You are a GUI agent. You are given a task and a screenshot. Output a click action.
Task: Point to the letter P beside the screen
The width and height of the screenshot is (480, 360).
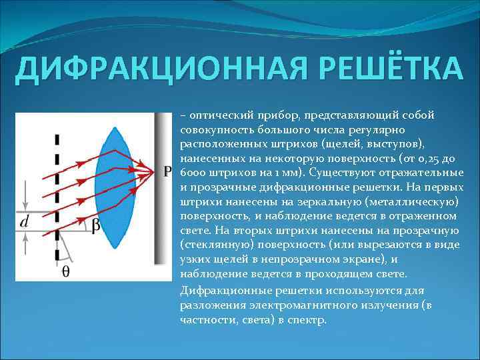point(167,172)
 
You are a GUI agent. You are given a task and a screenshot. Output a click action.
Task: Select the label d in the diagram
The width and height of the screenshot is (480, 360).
point(24,222)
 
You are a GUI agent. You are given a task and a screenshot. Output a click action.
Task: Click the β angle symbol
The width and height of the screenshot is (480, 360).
point(95,226)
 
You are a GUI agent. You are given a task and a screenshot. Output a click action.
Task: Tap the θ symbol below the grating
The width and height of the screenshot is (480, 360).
point(66,271)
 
